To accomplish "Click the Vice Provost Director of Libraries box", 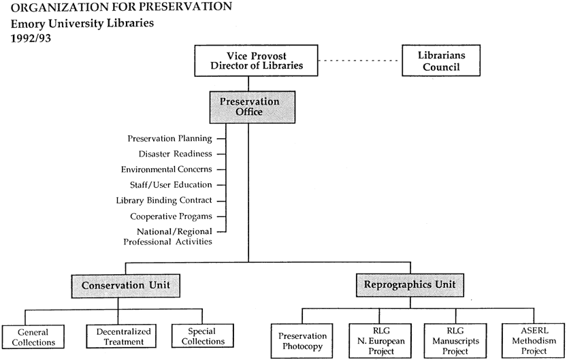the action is pyautogui.click(x=256, y=61).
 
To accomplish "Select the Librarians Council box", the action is pyautogui.click(x=441, y=61).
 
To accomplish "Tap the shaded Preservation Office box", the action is pyautogui.click(x=253, y=107).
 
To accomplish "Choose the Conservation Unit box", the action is pyautogui.click(x=125, y=286).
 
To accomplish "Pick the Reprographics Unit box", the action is pyautogui.click(x=410, y=285).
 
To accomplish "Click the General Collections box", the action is pyautogui.click(x=33, y=337).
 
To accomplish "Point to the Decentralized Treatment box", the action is pyautogui.click(x=121, y=336).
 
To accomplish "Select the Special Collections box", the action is pyautogui.click(x=203, y=336).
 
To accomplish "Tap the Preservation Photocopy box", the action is pyautogui.click(x=302, y=341).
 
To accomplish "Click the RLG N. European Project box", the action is pyautogui.click(x=380, y=341).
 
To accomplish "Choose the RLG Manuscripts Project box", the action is pyautogui.click(x=455, y=341).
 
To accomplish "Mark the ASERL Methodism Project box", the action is pyautogui.click(x=534, y=341).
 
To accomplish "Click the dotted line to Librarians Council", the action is pyautogui.click(x=360, y=61).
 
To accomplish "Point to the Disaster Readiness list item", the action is pyautogui.click(x=176, y=154).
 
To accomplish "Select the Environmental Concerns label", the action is pyautogui.click(x=167, y=169).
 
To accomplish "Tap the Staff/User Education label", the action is pyautogui.click(x=171, y=185).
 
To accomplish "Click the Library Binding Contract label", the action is pyautogui.click(x=164, y=201).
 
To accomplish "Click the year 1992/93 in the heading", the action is pyautogui.click(x=31, y=38).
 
